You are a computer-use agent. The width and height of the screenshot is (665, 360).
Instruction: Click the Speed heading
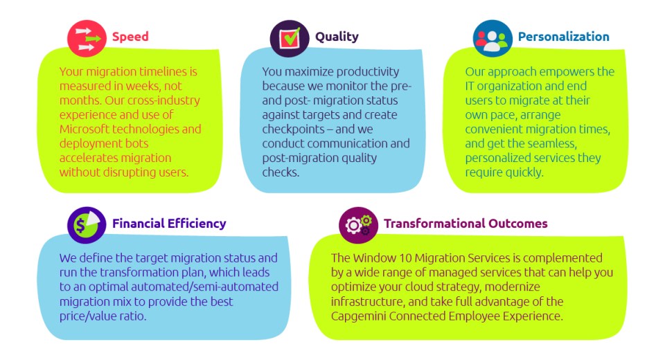pyautogui.click(x=130, y=37)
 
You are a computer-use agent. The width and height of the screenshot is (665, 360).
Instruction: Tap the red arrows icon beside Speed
pyautogui.click(x=87, y=38)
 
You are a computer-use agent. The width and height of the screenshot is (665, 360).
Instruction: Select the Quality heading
pyautogui.click(x=337, y=37)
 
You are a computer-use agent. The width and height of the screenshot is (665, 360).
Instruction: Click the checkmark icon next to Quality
pyautogui.click(x=290, y=38)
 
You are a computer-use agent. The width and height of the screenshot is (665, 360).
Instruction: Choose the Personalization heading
pyautogui.click(x=564, y=37)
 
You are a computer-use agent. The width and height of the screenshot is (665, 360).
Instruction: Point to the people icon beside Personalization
pyautogui.click(x=493, y=38)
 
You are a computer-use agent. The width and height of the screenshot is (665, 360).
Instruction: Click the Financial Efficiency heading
pyautogui.click(x=169, y=224)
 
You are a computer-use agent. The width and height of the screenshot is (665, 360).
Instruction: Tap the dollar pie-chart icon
pyautogui.click(x=87, y=225)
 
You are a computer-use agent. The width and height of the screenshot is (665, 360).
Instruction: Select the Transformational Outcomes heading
pyautogui.click(x=465, y=224)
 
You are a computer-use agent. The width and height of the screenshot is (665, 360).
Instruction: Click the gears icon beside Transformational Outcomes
pyautogui.click(x=358, y=225)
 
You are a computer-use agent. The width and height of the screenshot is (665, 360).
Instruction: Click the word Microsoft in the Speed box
pyautogui.click(x=85, y=129)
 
